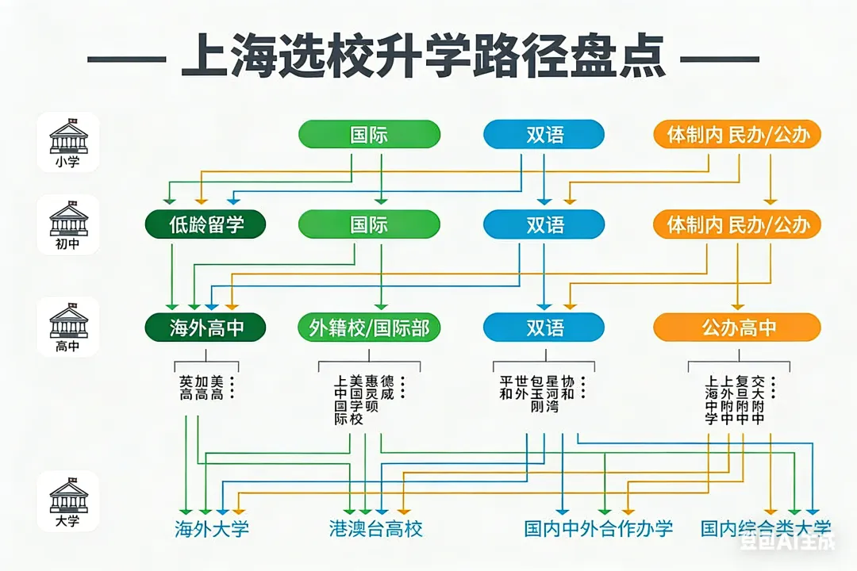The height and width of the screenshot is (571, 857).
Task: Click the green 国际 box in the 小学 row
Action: pyautogui.click(x=369, y=134)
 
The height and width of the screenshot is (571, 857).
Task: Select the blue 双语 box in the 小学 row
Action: pyautogui.click(x=544, y=134)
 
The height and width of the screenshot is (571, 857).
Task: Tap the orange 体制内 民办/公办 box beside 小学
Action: pyautogui.click(x=737, y=134)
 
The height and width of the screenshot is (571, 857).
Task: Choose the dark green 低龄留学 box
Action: pyautogui.click(x=206, y=224)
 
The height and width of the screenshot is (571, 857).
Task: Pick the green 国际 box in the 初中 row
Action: pyautogui.click(x=369, y=224)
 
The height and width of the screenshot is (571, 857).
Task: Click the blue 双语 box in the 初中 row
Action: pyautogui.click(x=544, y=224)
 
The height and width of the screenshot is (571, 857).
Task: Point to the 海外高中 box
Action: pyautogui.click(x=206, y=327)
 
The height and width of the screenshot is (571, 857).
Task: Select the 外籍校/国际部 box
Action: pyautogui.click(x=369, y=327)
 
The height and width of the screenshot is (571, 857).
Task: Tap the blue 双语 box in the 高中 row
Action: pyautogui.click(x=544, y=327)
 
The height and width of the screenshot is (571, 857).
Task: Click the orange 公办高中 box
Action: pyautogui.click(x=737, y=327)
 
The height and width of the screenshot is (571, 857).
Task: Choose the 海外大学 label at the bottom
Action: pyautogui.click(x=212, y=528)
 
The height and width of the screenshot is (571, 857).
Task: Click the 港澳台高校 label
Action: pyautogui.click(x=376, y=528)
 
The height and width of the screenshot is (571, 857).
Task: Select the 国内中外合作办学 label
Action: pyautogui.click(x=598, y=528)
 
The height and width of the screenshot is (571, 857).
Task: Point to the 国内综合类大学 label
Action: pyautogui.click(x=766, y=527)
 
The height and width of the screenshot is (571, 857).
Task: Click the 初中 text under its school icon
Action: pyautogui.click(x=68, y=243)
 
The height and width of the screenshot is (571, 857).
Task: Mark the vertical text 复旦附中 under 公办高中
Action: pyautogui.click(x=742, y=400)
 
